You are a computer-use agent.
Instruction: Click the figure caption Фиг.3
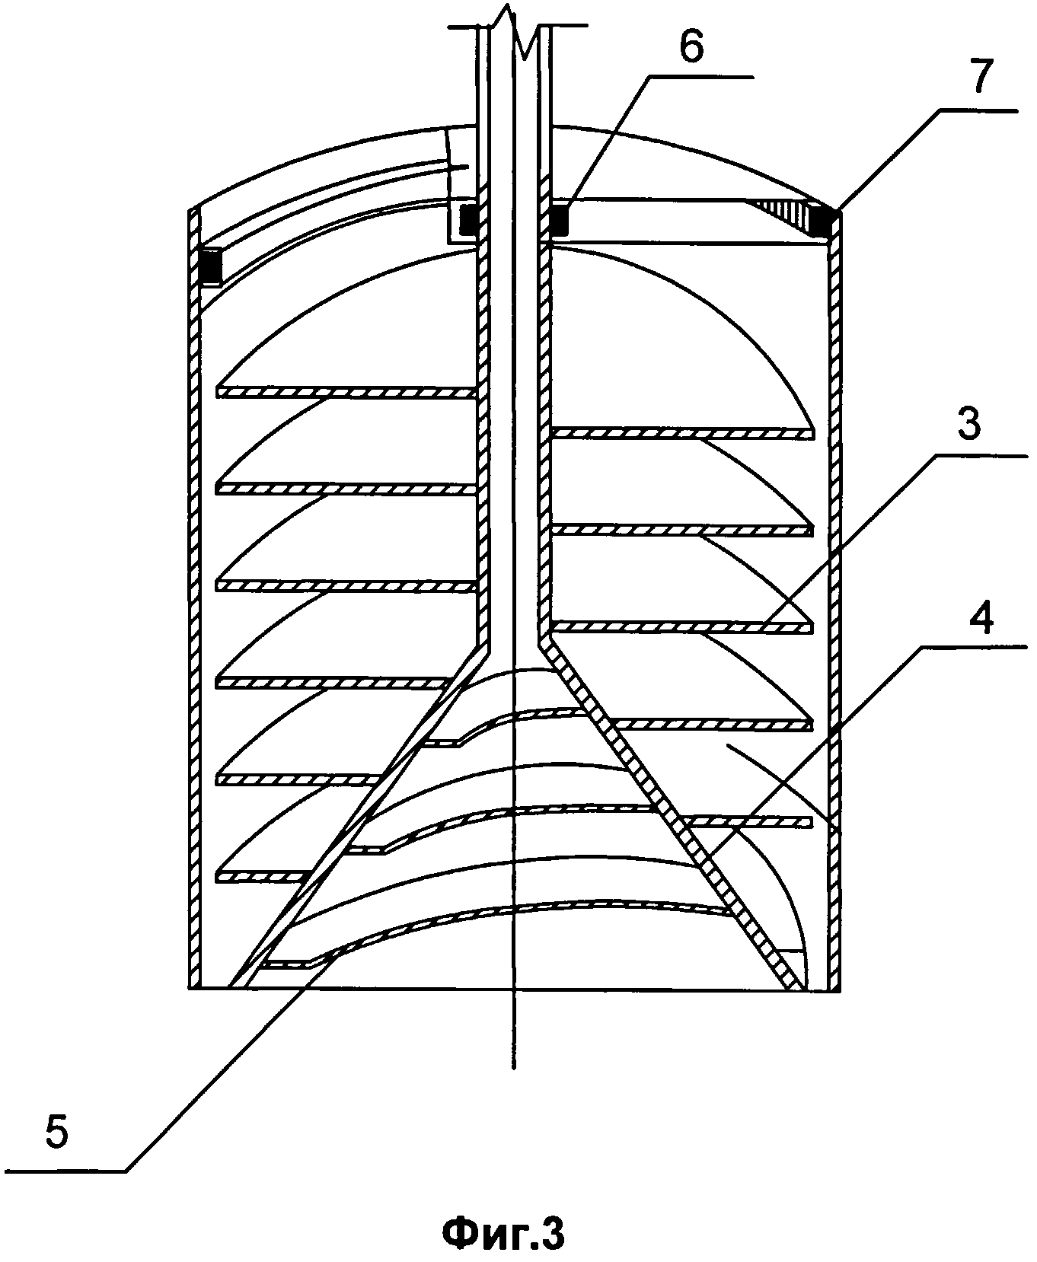click(504, 1232)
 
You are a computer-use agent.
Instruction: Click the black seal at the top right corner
click(824, 221)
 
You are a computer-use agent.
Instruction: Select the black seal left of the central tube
click(469, 220)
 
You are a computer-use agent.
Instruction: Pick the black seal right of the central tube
click(559, 221)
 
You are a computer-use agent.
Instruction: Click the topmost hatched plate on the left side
click(346, 391)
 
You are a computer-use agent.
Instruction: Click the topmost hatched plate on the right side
click(681, 432)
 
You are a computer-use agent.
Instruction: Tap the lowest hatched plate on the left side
click(259, 876)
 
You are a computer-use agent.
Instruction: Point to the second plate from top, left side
click(346, 487)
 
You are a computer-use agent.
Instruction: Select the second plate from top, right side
click(681, 528)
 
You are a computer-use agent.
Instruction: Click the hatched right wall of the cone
click(670, 814)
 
